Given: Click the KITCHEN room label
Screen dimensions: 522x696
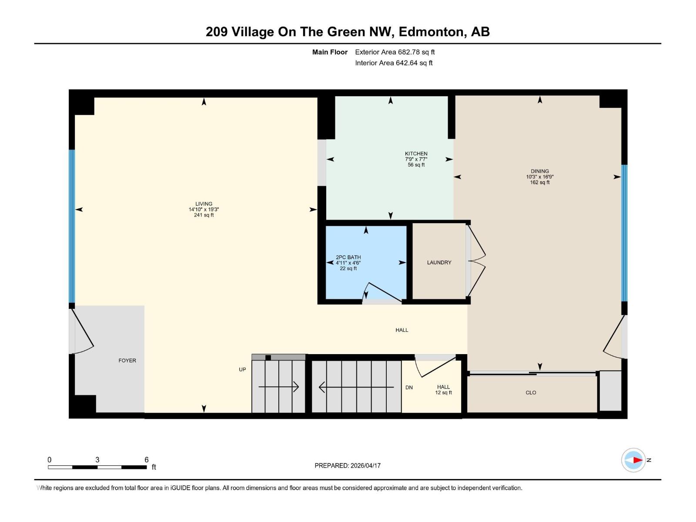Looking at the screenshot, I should tap(416, 154).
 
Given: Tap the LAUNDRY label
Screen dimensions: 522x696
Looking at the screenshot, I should tap(439, 262).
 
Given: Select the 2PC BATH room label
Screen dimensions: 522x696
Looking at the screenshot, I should tap(348, 257).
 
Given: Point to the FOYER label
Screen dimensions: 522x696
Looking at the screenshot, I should tap(127, 361).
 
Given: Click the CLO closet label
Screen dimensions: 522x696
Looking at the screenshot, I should tap(531, 392).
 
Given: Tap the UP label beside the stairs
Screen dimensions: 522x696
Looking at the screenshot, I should tap(242, 369).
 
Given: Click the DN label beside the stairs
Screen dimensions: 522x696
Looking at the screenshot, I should tap(409, 387).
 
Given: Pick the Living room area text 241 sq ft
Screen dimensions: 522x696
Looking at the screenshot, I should tap(204, 215).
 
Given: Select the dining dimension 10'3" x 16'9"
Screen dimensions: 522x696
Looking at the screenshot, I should tap(539, 177).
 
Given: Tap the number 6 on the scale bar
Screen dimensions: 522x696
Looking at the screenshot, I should tap(147, 460).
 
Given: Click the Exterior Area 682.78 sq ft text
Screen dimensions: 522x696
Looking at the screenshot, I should tap(395, 52).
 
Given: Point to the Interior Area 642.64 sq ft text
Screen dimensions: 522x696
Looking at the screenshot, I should tap(394, 63).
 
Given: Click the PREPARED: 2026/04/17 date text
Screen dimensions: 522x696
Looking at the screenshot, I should tap(348, 465).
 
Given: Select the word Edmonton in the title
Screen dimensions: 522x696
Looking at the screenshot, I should tap(431, 32).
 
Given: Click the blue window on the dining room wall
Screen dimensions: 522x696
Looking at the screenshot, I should tap(624, 233).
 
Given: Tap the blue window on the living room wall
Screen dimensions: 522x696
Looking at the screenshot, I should tap(72, 226).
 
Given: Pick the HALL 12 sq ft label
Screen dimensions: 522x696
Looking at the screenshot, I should tap(443, 389).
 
